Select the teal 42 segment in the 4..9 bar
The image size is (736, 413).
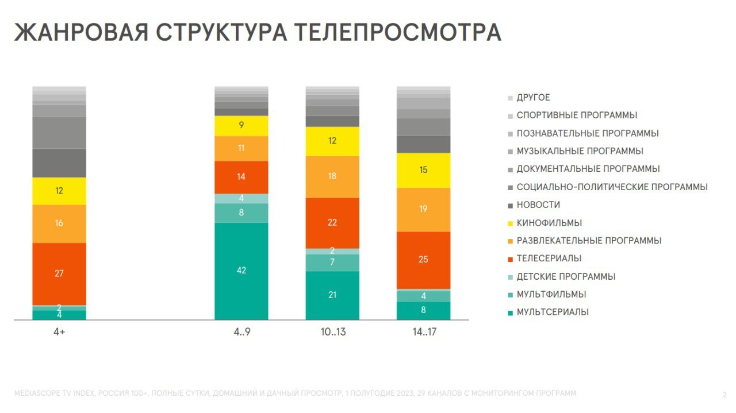[x=241, y=271]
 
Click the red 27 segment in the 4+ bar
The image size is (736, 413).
[x=59, y=273]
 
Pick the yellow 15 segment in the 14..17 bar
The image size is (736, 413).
[x=423, y=170]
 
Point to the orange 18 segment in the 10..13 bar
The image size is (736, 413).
[x=332, y=176]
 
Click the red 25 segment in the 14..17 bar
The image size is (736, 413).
[x=423, y=260]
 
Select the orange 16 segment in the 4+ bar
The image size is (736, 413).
[x=59, y=223]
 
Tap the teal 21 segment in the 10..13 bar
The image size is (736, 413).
[x=332, y=295]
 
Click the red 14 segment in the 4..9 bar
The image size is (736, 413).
[x=241, y=177]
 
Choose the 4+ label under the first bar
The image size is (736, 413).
[x=59, y=333]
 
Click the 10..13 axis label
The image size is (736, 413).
[x=332, y=333]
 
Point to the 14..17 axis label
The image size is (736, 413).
[x=423, y=333]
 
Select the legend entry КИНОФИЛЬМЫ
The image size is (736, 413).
[x=549, y=223]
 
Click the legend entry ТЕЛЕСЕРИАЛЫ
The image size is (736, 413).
[x=549, y=258]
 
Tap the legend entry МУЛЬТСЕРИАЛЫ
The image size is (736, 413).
[x=552, y=312]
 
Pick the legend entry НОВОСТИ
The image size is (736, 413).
[x=538, y=205]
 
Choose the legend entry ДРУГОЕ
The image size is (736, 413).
[x=533, y=98]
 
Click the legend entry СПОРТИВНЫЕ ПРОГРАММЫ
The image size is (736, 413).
[x=576, y=115]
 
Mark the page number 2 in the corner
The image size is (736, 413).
[x=724, y=395]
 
